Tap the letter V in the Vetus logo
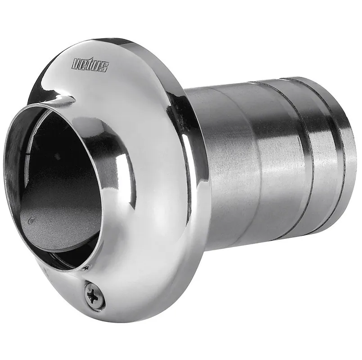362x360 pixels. pos(76,63)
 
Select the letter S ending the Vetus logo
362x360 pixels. pos(104,67)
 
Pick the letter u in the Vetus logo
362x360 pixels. pos(96,66)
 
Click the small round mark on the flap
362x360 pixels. pos(31,221)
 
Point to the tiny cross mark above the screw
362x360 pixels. pos(86,268)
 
